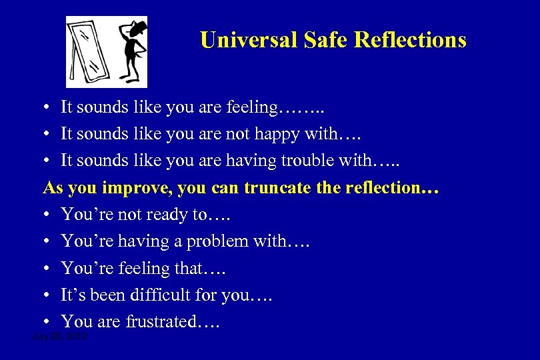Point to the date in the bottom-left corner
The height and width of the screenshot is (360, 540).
(x=61, y=338)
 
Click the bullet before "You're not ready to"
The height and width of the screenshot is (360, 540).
(x=49, y=215)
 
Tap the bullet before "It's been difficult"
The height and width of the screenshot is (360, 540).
(x=49, y=295)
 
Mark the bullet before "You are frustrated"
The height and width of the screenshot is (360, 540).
(x=49, y=322)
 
